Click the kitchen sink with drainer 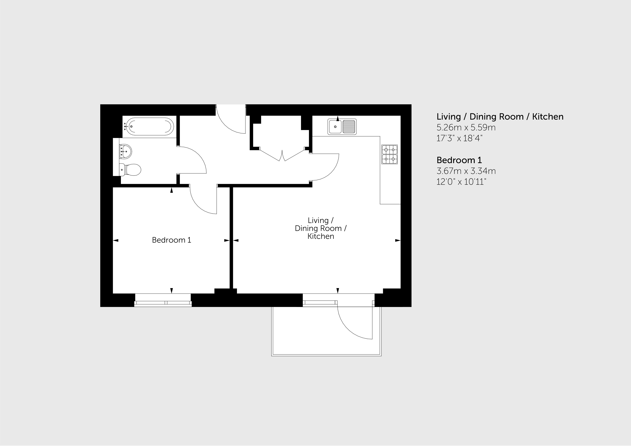[x=342, y=127]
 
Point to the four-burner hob [x=389, y=154]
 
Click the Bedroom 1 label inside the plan [x=171, y=240]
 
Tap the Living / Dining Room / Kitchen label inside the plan [x=321, y=228]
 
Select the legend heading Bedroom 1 [x=459, y=160]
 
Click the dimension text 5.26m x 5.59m [x=466, y=128]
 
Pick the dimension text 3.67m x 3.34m [x=466, y=171]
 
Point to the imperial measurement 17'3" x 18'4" [x=460, y=138]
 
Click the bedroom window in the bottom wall [x=163, y=300]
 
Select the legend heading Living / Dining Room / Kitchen [x=500, y=117]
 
